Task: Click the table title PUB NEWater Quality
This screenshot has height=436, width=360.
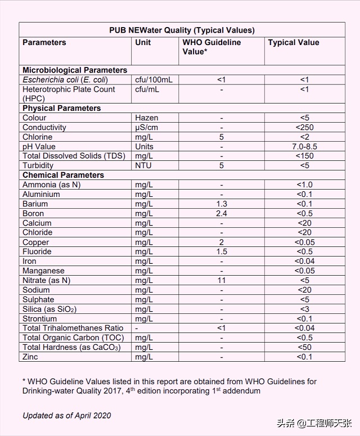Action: click(182, 30)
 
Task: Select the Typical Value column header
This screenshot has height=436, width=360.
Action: click(293, 43)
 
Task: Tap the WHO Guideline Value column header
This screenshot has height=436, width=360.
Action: click(211, 47)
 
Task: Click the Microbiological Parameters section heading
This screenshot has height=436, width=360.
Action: click(75, 70)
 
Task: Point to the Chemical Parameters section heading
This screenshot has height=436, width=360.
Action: click(63, 175)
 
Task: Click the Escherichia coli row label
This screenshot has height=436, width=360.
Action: click(65, 80)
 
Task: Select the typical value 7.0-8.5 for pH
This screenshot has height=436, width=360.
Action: click(304, 147)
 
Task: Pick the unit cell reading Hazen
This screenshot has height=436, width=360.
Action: click(146, 118)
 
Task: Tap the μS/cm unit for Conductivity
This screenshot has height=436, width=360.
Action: click(147, 128)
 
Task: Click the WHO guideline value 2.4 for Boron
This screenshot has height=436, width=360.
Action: click(222, 214)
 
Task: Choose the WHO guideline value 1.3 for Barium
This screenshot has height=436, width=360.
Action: click(222, 204)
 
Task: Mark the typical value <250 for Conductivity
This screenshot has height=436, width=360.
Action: click(304, 128)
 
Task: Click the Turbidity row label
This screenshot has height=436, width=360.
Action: click(38, 166)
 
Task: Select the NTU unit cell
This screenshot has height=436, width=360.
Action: click(143, 166)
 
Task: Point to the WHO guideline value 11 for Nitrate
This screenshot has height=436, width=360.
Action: click(222, 281)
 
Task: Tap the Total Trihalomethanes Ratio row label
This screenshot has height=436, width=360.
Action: click(73, 329)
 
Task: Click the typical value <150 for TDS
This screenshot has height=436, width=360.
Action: click(304, 156)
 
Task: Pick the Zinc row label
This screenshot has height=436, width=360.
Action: click(30, 357)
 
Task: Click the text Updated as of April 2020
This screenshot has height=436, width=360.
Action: click(67, 416)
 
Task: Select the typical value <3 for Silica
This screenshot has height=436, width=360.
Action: click(304, 309)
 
